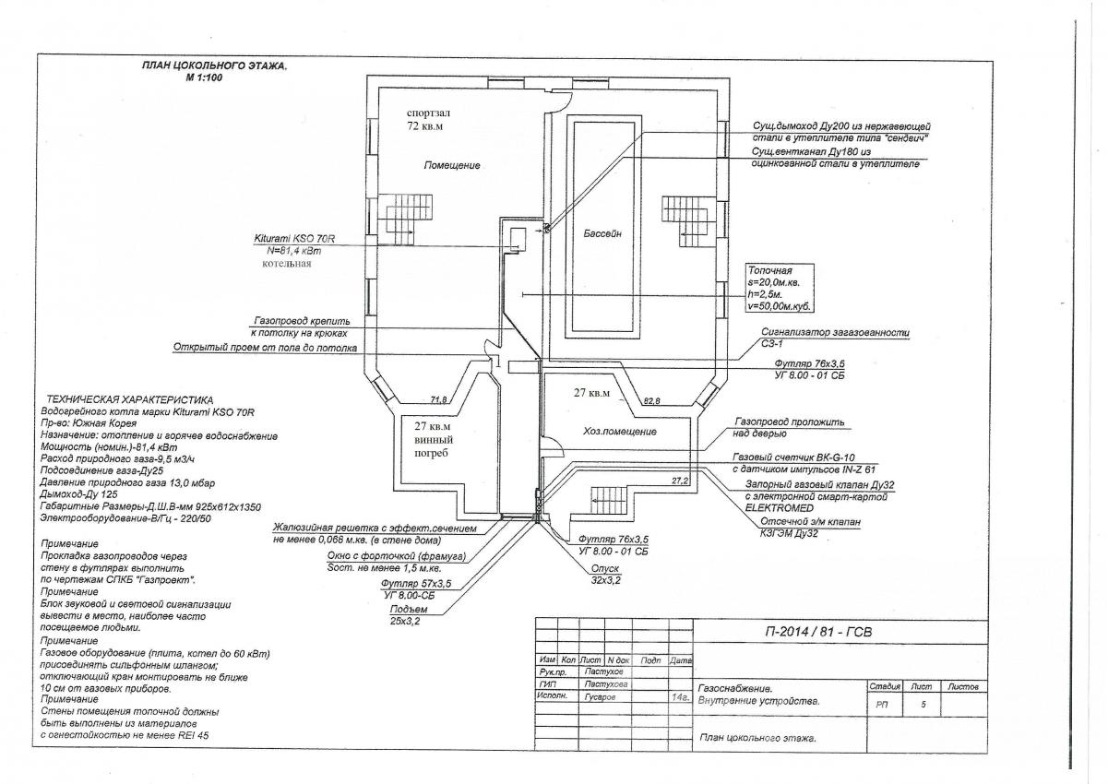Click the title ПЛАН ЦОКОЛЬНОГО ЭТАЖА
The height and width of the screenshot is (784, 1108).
214,66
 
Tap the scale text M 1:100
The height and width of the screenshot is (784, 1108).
205,77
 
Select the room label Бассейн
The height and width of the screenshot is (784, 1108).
602,234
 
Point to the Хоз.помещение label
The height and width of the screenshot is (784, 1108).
619,431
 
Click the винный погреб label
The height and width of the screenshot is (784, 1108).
433,441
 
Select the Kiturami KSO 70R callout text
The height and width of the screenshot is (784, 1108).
294,238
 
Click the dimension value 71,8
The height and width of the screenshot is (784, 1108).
438,399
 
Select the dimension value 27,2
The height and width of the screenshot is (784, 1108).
680,481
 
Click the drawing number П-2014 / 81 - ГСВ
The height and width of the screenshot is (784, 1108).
818,632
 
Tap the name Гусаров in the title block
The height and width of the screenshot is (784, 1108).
602,697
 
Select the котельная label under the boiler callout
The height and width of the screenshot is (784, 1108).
286,263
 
